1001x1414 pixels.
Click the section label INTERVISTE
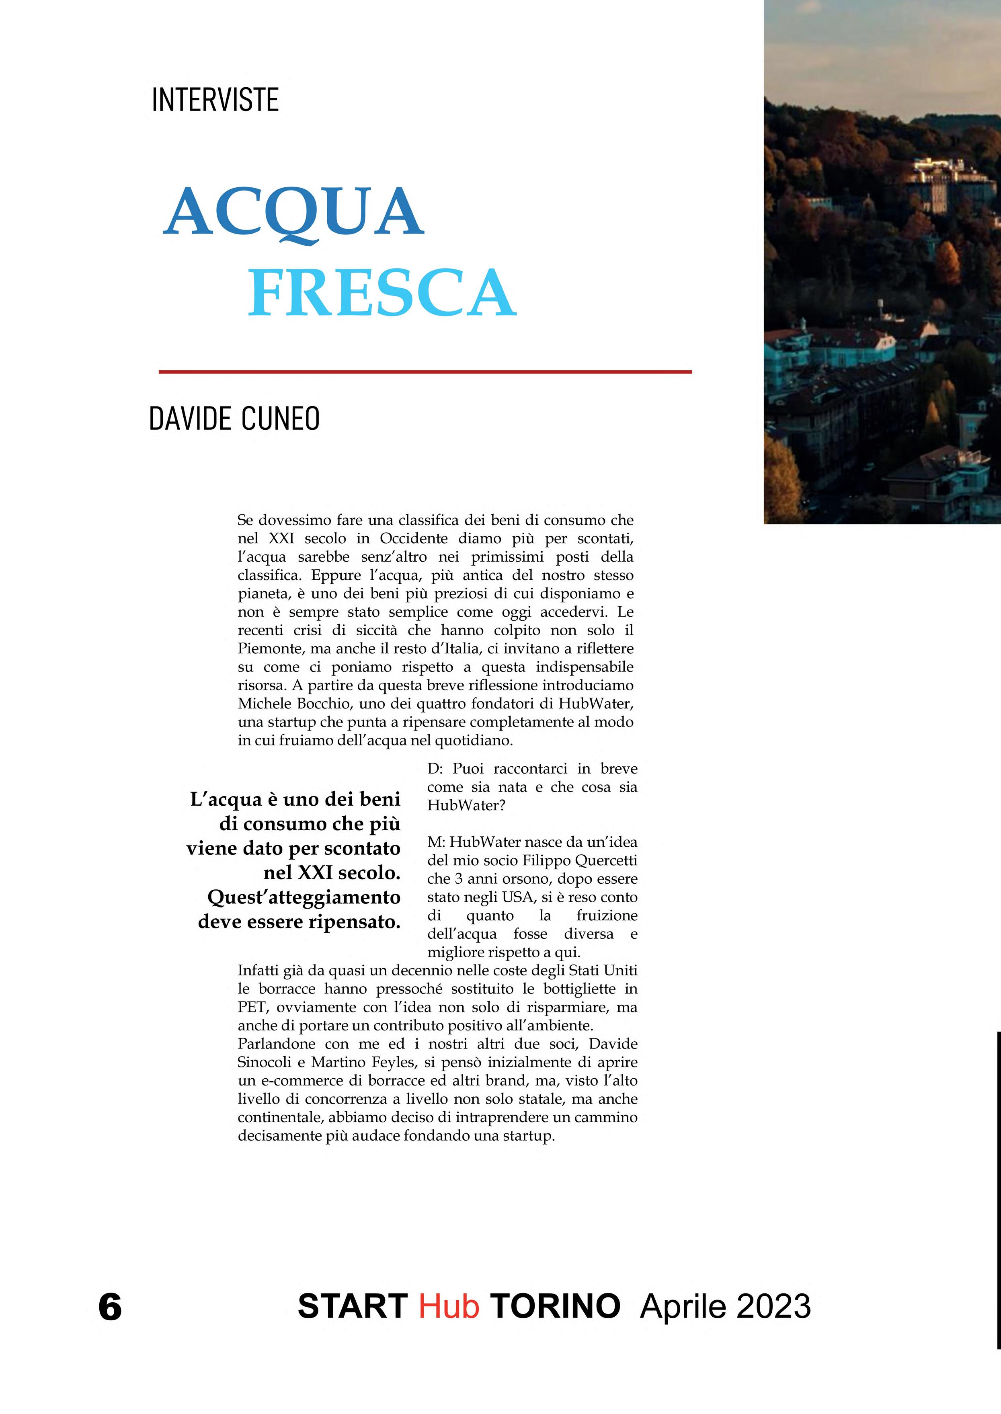pos(215,100)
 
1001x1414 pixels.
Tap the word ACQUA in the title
pos(293,213)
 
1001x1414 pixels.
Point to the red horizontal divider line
pos(425,371)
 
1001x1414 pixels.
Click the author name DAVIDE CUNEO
pos(234,419)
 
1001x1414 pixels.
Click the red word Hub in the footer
pos(449,1306)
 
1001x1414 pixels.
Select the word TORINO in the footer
pos(555,1306)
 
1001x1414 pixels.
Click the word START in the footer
pos(352,1306)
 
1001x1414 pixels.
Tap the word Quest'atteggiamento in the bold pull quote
pos(304,897)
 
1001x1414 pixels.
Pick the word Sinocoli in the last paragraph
pos(267,1063)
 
